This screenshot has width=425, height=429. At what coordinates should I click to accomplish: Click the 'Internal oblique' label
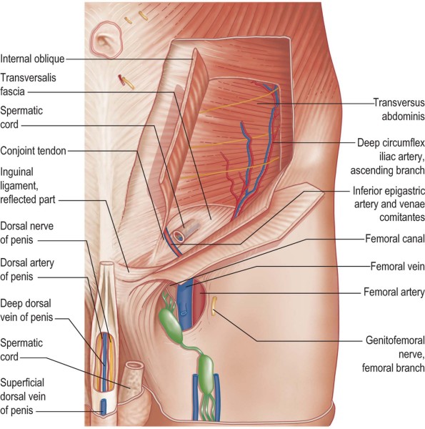[x=32, y=59]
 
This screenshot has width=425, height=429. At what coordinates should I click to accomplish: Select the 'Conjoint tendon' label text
[x=33, y=151]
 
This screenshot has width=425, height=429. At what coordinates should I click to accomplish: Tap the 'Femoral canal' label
[x=395, y=239]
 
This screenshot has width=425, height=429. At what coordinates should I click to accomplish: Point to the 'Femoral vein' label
[x=397, y=266]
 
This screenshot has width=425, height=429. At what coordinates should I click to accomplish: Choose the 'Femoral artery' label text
[x=394, y=292]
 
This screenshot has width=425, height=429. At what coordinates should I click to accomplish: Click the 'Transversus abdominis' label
[x=399, y=109]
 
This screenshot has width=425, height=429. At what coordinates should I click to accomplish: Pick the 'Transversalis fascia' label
[x=28, y=84]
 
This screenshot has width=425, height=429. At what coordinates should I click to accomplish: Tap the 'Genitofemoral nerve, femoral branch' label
[x=394, y=355]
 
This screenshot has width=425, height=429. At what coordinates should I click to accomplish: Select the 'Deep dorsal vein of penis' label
[x=26, y=310]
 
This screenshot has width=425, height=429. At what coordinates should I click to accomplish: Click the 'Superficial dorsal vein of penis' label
[x=23, y=396]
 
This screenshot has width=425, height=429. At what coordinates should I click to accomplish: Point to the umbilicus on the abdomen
[x=106, y=40]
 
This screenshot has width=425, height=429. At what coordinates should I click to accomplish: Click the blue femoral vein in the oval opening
[x=185, y=301]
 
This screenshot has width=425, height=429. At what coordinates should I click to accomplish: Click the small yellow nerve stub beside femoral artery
[x=214, y=305]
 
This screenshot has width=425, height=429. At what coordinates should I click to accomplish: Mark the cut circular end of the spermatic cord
[x=179, y=235]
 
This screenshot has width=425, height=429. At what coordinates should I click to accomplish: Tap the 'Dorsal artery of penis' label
[x=27, y=270]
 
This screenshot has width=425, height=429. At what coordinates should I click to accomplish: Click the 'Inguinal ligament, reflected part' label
[x=28, y=186]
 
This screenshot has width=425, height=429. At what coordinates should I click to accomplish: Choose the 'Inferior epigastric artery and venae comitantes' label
[x=389, y=204]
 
